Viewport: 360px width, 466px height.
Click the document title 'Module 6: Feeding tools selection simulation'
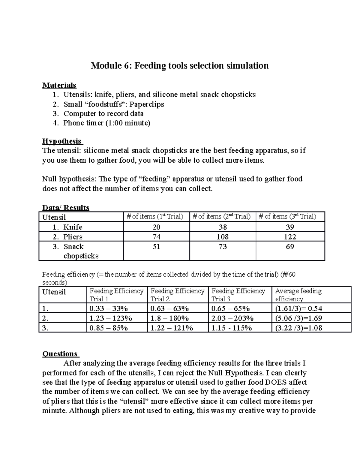(180, 65)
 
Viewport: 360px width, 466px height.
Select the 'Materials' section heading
(59, 85)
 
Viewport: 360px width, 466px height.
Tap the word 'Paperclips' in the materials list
(147, 104)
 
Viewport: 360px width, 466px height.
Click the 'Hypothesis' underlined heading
(62, 141)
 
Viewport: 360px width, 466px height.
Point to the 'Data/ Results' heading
(66, 208)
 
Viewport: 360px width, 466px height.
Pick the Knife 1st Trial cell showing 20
(156, 227)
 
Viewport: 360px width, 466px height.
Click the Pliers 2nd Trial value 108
(223, 237)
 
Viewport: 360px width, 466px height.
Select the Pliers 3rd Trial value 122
(290, 237)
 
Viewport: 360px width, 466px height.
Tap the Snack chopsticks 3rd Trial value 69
(290, 247)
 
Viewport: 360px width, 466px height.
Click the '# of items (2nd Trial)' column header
(222, 217)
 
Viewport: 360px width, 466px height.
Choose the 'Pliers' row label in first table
(73, 237)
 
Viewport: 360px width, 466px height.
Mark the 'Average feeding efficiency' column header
(298, 295)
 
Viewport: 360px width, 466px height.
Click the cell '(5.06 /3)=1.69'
(298, 318)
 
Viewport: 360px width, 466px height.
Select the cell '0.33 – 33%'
(109, 308)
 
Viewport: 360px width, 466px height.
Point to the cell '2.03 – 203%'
(232, 318)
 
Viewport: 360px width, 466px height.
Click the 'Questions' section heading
(60, 354)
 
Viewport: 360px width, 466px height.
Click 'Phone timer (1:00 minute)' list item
(106, 123)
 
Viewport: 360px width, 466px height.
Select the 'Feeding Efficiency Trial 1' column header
(116, 295)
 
